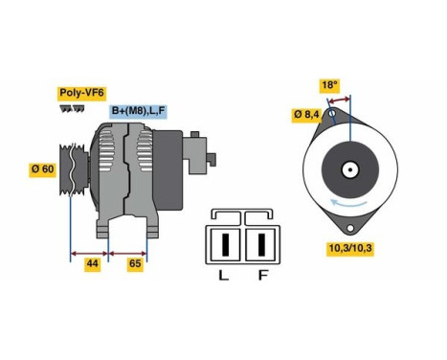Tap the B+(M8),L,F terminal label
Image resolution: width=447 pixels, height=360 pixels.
pos(139,111)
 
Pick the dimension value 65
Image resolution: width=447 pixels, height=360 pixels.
pos(134,263)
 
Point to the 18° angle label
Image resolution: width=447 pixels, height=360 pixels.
pos(330,85)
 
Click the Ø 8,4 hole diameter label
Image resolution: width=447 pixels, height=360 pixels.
pos(306,115)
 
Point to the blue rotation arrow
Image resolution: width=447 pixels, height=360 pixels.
pos(349,202)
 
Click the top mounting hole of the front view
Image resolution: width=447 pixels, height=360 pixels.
pos(332,117)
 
